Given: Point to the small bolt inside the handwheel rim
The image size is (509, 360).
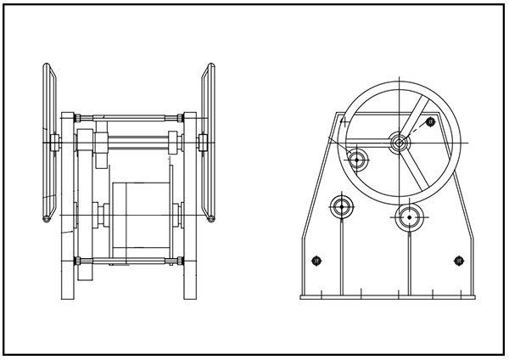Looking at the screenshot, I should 431,122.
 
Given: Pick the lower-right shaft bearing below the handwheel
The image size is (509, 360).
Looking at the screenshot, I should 409,217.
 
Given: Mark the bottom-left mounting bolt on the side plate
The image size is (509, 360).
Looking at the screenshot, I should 316,260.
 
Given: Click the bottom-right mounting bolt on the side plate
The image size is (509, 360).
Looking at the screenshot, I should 459,260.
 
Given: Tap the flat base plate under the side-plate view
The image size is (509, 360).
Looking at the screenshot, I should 388,296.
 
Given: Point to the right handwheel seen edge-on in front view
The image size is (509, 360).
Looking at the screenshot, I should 208,143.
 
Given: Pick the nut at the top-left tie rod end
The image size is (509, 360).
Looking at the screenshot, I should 77,116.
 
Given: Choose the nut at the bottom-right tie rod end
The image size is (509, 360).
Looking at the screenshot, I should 179,260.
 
